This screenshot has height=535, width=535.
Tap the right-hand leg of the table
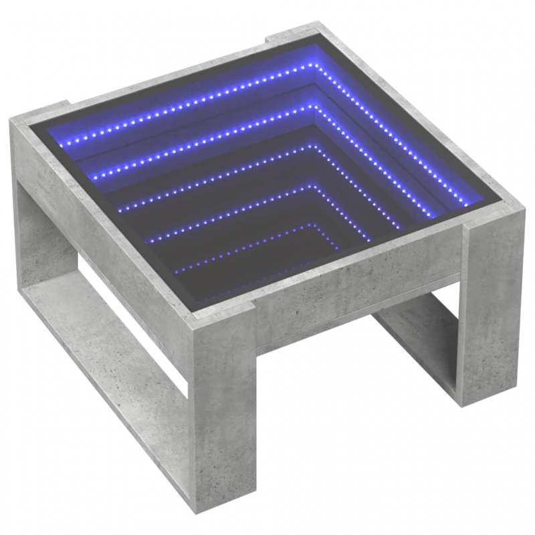coord(492,308)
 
